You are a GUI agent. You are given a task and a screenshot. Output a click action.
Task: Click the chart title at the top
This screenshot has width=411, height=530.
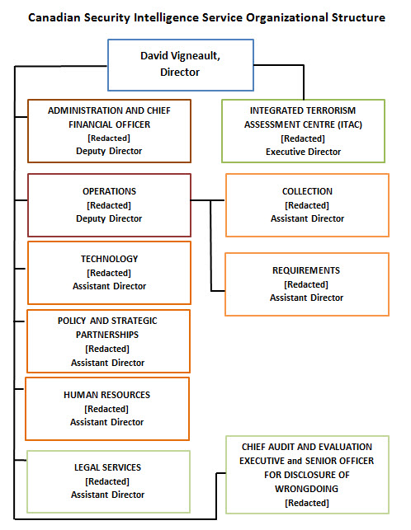tap(205, 17)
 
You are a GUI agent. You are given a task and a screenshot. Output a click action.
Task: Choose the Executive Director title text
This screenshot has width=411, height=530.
tap(303, 152)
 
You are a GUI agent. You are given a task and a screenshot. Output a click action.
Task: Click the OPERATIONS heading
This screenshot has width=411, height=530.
tap(109, 191)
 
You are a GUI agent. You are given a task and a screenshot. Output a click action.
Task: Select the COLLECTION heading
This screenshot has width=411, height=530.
tap(307, 191)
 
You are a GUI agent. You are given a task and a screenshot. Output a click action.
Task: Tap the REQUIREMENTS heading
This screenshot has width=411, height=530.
tap(306, 270)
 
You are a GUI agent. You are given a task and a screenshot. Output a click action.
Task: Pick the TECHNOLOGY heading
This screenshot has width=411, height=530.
tap(109, 259)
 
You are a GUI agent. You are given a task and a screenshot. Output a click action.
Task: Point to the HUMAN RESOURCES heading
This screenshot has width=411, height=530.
tap(107, 395)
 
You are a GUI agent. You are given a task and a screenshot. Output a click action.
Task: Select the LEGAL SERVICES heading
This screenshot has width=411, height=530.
tap(107, 467)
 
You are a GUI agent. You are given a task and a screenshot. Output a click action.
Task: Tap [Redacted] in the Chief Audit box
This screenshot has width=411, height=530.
tap(306, 501)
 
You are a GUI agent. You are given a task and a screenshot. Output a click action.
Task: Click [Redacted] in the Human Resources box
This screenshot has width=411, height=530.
tap(107, 409)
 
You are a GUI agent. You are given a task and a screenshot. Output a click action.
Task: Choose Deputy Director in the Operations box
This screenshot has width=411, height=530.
tap(109, 218)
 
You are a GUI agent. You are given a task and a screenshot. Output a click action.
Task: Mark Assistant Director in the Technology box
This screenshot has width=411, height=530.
tap(109, 286)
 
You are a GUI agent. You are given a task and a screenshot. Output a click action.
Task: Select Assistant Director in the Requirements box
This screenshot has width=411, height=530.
tap(306, 298)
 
